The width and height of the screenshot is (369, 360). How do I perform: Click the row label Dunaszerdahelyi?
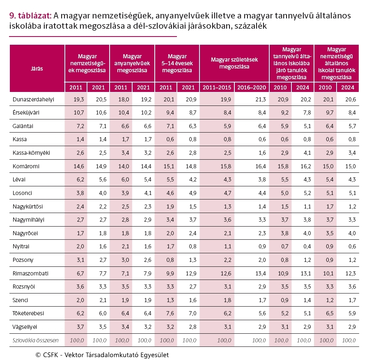pos(33,99)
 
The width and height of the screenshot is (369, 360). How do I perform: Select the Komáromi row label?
pos(26,166)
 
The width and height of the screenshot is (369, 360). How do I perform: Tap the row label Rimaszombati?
pos(30,273)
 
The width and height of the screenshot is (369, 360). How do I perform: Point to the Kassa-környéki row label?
pos(31,153)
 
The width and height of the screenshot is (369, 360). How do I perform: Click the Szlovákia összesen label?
pos(36,340)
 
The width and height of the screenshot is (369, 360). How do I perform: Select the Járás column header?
pos(37,69)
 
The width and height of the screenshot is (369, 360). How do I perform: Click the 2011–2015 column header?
pos(217,87)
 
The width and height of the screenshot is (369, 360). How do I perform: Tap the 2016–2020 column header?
pos(252,87)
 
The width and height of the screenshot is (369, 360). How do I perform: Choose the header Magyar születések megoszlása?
pos(234,63)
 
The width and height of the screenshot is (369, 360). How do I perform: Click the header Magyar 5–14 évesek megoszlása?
pos(177,63)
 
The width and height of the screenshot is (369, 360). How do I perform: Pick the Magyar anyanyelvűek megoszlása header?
pos(132,63)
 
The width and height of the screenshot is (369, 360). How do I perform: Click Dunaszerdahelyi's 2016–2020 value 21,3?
pos(261,99)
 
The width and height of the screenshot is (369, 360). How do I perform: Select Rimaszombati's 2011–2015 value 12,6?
pos(226,273)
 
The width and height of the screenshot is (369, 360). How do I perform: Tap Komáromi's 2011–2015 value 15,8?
pos(226,166)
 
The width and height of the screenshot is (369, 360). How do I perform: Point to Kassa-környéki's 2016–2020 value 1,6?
pos(262,153)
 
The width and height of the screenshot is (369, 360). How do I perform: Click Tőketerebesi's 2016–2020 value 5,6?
pos(262,314)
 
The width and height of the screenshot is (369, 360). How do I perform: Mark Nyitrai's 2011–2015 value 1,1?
pos(227,247)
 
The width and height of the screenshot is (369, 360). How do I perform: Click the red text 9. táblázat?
pos(30,16)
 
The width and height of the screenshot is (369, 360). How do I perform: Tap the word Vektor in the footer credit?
pos(73,355)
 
